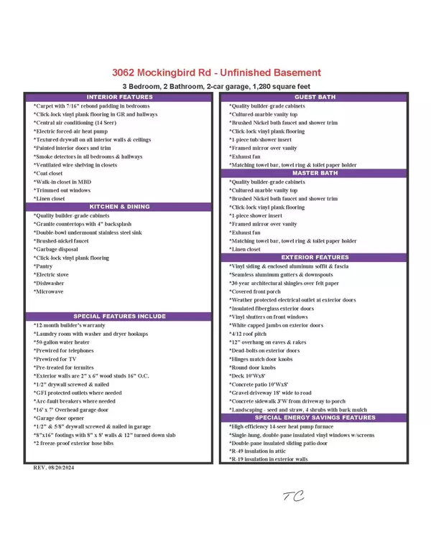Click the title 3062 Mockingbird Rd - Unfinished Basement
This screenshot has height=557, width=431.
[x=216, y=72]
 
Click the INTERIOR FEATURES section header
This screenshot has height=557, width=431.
[x=120, y=97]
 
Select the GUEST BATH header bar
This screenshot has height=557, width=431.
[x=315, y=97]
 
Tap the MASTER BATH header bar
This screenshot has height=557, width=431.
[x=315, y=173]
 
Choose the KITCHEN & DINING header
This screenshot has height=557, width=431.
[x=120, y=207]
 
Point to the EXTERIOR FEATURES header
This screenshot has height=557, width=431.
[x=315, y=257]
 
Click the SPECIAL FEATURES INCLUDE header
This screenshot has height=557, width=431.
[x=120, y=316]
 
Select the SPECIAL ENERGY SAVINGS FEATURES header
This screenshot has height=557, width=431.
[x=315, y=417]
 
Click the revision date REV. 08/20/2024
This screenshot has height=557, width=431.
[x=55, y=467]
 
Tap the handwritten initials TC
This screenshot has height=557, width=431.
[x=293, y=495]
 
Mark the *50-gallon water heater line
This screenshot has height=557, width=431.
[x=62, y=342]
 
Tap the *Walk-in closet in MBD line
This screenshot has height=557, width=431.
[x=62, y=182]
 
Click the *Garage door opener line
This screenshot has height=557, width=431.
[x=60, y=418]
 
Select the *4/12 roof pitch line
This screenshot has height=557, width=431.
[x=248, y=333]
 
